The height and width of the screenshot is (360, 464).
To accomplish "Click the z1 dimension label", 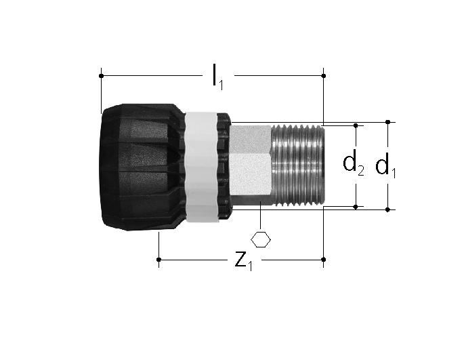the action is (x=244, y=261).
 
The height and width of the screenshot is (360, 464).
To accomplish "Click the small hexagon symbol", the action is (x=261, y=239).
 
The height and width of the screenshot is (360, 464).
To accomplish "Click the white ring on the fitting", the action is (x=201, y=167).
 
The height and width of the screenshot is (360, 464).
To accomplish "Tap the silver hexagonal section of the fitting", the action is (x=251, y=164).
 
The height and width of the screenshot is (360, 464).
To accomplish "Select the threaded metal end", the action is (x=297, y=165).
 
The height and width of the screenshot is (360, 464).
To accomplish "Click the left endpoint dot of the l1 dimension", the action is (x=101, y=76).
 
